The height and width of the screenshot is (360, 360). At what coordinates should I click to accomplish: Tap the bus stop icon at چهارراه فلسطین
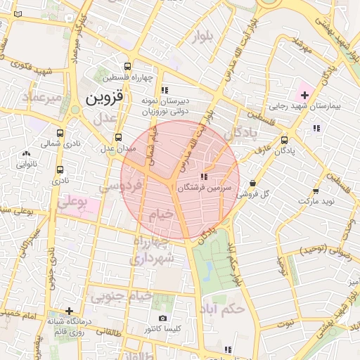127,62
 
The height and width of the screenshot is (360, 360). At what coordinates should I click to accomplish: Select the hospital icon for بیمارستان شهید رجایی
304,94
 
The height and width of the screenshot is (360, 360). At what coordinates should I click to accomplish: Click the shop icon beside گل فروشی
252,183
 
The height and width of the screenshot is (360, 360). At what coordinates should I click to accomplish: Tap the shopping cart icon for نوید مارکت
316,190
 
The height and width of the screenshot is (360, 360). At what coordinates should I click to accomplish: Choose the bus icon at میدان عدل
117,137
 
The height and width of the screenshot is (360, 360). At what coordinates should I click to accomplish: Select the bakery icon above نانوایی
27,153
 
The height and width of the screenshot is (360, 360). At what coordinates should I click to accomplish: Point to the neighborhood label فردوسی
120,186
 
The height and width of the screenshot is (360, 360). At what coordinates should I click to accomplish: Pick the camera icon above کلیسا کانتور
163,319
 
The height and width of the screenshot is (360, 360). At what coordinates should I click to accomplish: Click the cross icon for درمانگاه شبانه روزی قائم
69,311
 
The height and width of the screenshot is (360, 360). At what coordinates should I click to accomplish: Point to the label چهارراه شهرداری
150,250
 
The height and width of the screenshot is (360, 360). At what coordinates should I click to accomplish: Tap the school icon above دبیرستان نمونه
165,90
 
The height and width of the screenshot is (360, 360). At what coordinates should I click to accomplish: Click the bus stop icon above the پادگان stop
284,140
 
